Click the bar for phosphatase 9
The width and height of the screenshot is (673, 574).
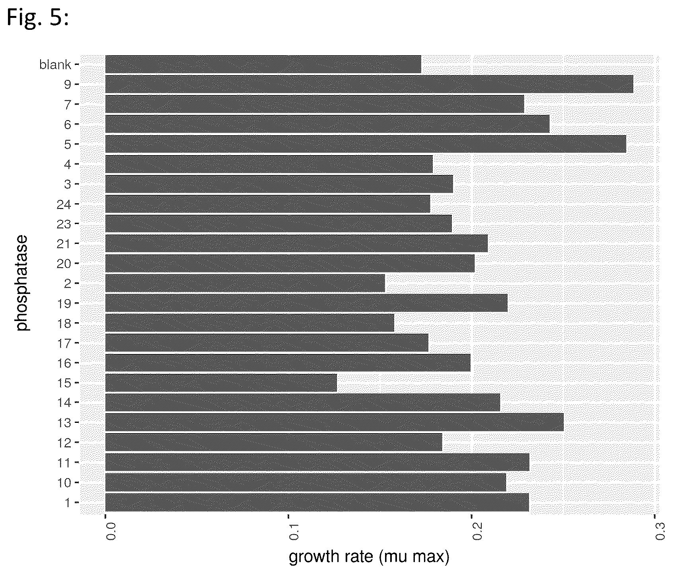pos(369,84)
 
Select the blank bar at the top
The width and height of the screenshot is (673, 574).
pos(263,64)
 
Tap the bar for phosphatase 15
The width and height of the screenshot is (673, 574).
pos(221,383)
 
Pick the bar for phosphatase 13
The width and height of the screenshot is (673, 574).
pos(335,422)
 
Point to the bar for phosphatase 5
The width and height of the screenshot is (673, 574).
pos(366,144)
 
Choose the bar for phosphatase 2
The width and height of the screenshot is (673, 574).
pos(245,283)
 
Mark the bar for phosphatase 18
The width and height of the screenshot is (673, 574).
pos(250,323)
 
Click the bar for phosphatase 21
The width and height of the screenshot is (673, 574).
pos(297,243)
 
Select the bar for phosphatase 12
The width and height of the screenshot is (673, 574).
pos(274,442)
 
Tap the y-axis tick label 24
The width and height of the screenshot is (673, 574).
pos(64,204)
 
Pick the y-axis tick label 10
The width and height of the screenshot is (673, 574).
pos(64,483)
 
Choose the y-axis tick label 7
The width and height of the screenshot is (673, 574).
pos(68,105)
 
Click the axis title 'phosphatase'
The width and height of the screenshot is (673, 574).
pos(23,283)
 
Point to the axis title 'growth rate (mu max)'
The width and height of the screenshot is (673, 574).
pos(369,558)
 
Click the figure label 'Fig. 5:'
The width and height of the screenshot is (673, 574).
pos(38,18)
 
